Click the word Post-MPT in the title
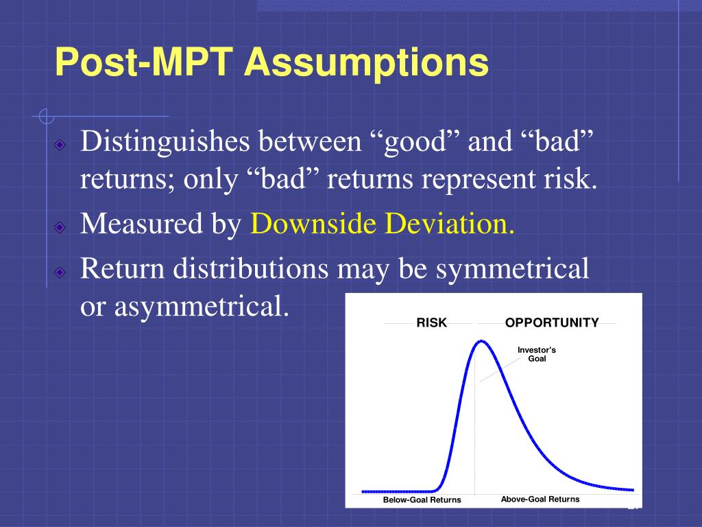(144, 62)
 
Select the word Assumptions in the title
(366, 63)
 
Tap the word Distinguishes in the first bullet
(165, 141)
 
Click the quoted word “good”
(415, 142)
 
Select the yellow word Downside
(313, 223)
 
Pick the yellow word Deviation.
(450, 223)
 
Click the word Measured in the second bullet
(141, 223)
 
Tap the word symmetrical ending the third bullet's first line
(513, 269)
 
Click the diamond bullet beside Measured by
(60, 226)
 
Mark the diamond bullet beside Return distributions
(60, 272)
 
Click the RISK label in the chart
(432, 323)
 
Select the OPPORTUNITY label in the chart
(552, 323)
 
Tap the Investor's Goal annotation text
(537, 354)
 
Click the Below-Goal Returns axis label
(422, 500)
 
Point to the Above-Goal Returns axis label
(540, 500)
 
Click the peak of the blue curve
(481, 342)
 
